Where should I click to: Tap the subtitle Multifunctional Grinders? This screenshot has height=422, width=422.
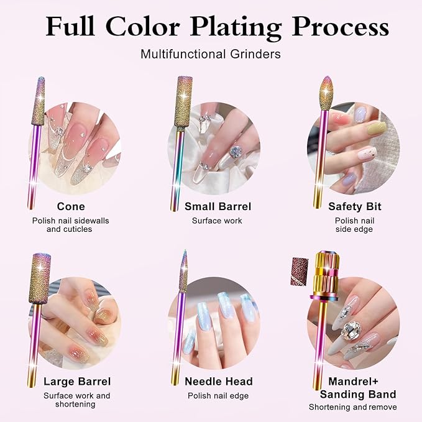pyautogui.click(x=211, y=54)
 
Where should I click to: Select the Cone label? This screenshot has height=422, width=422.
pyautogui.click(x=71, y=206)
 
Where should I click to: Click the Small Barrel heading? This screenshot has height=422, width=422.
pyautogui.click(x=218, y=206)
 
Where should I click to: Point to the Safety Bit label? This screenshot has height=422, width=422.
pyautogui.click(x=355, y=206)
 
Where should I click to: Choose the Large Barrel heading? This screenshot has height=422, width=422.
pyautogui.click(x=77, y=382)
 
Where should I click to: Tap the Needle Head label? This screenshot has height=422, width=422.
pyautogui.click(x=219, y=382)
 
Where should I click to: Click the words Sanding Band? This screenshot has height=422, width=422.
pyautogui.click(x=358, y=394)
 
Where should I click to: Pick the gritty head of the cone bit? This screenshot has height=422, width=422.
pyautogui.click(x=38, y=101)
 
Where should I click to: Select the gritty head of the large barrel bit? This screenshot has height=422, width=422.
pyautogui.click(x=40, y=278)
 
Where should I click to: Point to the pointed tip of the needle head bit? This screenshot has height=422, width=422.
pyautogui.click(x=185, y=250)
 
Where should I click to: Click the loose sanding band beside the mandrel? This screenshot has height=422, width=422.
pyautogui.click(x=300, y=271)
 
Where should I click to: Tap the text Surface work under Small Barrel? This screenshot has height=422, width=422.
pyautogui.click(x=217, y=221)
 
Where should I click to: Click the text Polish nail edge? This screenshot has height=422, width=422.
pyautogui.click(x=218, y=396)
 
